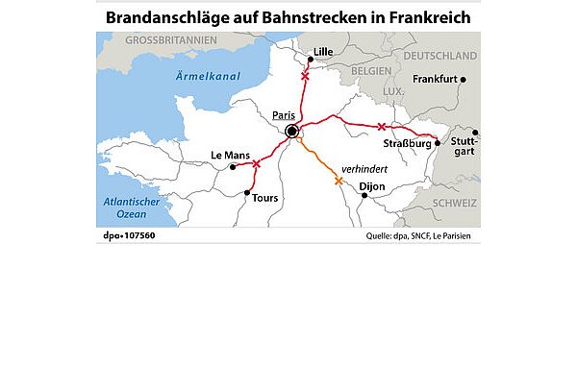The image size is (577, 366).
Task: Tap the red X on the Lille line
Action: [305, 75]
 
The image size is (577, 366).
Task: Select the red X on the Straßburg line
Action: [382, 127]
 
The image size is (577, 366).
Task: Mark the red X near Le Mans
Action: [256, 163]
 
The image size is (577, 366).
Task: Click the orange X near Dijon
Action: [338, 180]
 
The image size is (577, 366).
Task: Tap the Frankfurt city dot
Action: [463, 80]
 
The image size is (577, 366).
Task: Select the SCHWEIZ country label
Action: [454, 204]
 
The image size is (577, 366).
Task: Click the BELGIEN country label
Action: [370, 71]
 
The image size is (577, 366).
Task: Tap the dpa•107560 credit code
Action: [129, 235]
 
